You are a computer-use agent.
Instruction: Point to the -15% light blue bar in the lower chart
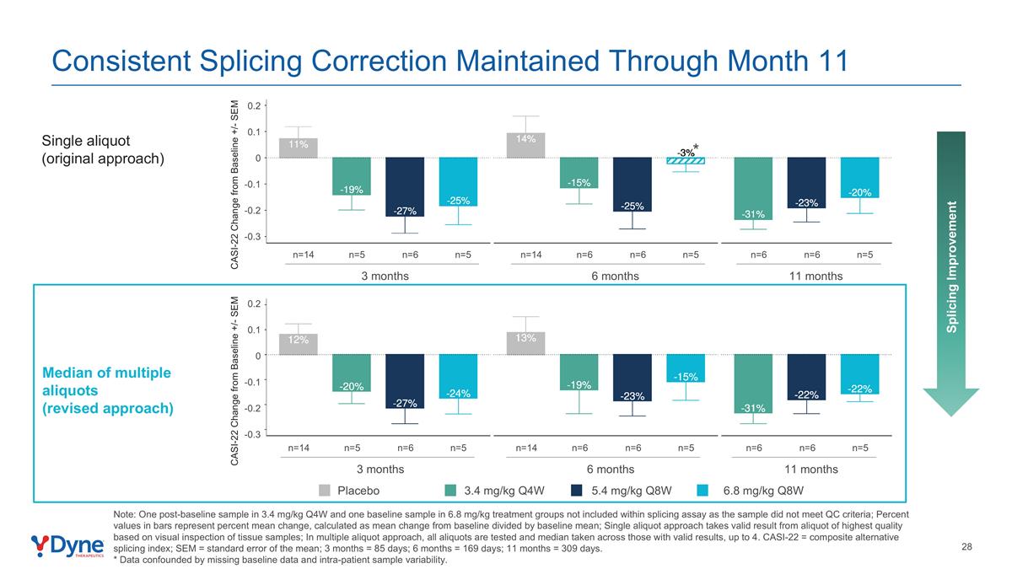tap(685, 368)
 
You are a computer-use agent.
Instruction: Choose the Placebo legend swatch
tap(326, 491)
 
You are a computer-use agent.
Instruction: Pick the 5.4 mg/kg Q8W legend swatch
tap(578, 491)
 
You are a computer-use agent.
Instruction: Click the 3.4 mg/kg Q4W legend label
tap(503, 491)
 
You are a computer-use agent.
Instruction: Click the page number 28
tap(966, 547)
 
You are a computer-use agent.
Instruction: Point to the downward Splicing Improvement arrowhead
tap(951, 401)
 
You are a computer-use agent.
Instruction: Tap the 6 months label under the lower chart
tap(610, 470)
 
